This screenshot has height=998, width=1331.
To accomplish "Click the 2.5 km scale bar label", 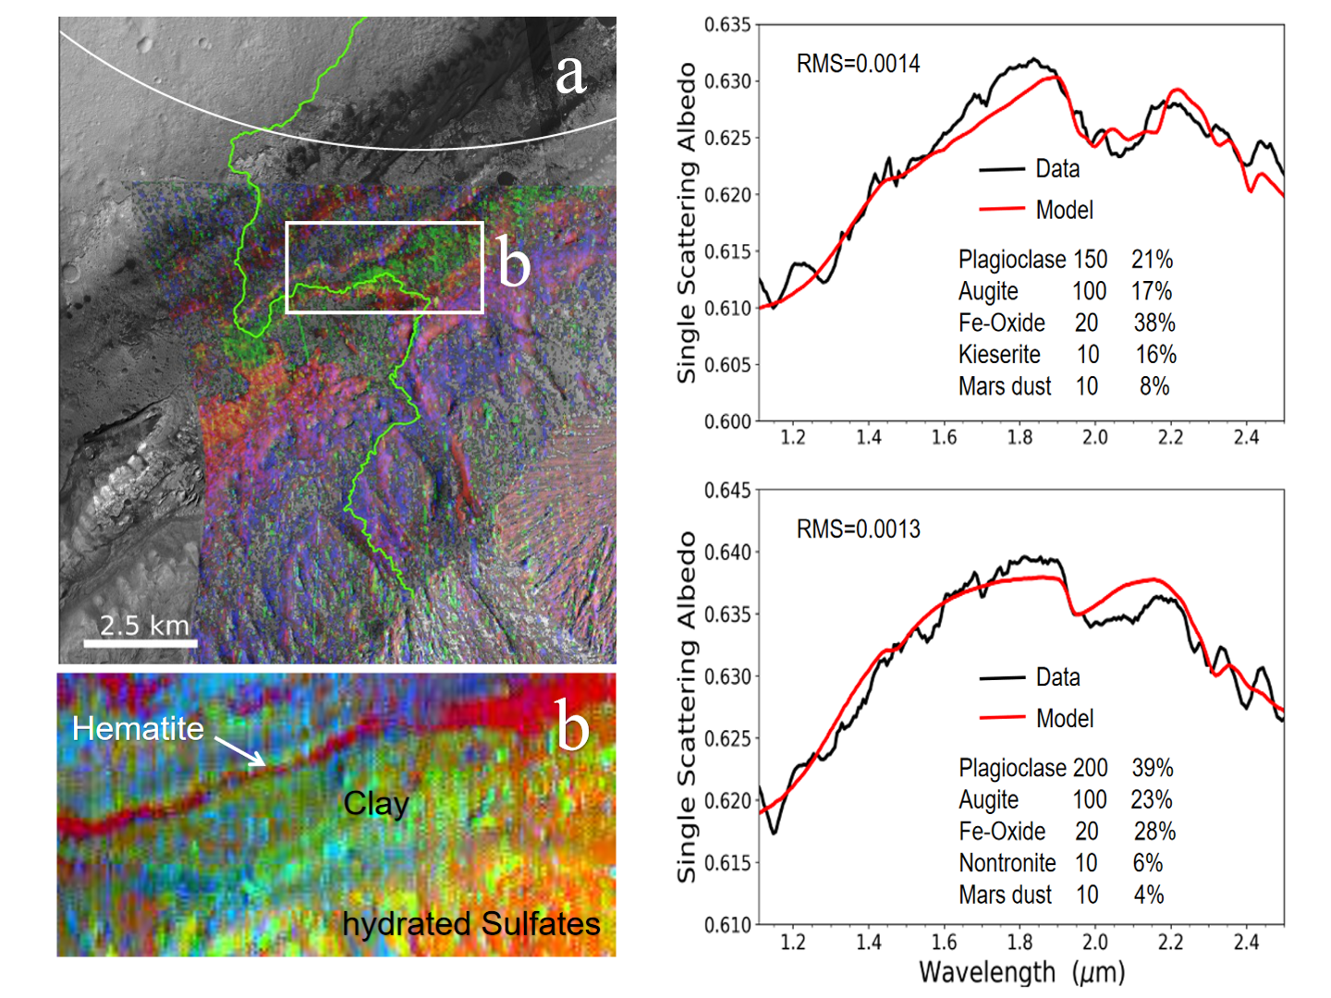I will pos(144,625).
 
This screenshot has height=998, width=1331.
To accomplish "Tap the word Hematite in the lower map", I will pos(138,728).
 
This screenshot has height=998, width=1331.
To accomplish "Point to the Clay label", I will pos(375,803).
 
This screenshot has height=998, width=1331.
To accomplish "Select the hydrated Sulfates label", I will pos(470,923).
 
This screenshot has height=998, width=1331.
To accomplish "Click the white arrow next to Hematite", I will pos(241,750).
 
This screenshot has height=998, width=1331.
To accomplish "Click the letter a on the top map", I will pos(570,74).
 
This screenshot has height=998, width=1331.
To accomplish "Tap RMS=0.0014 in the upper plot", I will pos(858,64).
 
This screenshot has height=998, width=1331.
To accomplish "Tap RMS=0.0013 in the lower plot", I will pos(858,529).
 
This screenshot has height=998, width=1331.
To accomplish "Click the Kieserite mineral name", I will pos(999,355).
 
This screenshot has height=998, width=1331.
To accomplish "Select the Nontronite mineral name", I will pos(1007,863).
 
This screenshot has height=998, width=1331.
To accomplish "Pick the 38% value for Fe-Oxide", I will pos(1154,323).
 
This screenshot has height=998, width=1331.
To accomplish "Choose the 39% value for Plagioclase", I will pos(1153,768).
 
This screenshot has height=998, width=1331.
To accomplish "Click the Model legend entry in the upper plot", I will pos(1064,211).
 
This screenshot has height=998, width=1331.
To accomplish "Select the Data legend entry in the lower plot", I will pos(1057,677).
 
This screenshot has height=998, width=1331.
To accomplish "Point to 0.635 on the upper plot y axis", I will pos(727,25).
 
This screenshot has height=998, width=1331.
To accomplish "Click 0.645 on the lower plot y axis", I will pos(727,490).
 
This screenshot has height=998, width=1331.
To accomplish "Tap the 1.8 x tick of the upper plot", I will pos(1020,437).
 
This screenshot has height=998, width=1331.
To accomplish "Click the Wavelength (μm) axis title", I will pos(1021,972).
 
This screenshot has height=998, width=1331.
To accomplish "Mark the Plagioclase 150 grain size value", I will pos(1090,260).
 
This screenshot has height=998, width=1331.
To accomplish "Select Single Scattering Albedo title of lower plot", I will pos(686,707).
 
